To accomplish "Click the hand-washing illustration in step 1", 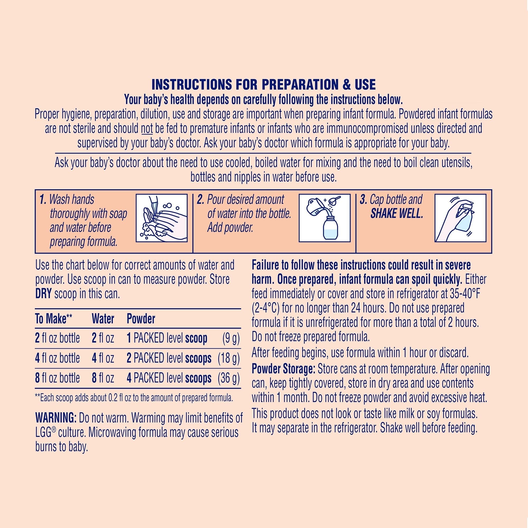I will click(x=162, y=218).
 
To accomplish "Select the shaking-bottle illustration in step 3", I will click(x=460, y=218).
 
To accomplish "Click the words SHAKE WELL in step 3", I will click(x=397, y=214).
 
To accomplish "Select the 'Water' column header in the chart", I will click(x=103, y=319).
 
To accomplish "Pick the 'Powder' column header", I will click(x=141, y=319).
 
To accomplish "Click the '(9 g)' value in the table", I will click(x=231, y=338).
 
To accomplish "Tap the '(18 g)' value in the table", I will click(x=229, y=358).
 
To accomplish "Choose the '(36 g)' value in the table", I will click(x=229, y=378).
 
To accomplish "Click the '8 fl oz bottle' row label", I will click(x=57, y=378).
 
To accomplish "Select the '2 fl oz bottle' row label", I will click(x=57, y=338).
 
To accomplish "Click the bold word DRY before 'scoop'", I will click(x=43, y=294).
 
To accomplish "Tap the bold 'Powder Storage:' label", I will click(x=283, y=369).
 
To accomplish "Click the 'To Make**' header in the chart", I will click(x=54, y=319).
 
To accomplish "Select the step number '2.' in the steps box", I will click(x=201, y=200).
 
